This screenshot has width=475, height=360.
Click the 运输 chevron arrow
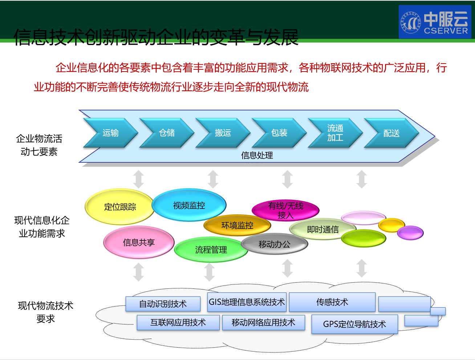tap(110, 133)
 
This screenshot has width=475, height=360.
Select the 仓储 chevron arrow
tap(166, 133)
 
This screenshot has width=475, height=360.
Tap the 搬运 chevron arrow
tap(222, 133)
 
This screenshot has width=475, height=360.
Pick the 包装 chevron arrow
tap(279, 133)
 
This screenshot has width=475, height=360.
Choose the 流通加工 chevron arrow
tap(335, 133)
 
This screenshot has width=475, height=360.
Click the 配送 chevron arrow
tap(391, 133)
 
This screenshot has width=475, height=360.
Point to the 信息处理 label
tap(257, 155)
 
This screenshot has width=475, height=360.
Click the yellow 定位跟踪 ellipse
tap(119, 207)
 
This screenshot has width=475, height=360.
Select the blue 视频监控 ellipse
tap(189, 205)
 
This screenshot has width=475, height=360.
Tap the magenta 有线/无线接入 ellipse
tap(285, 210)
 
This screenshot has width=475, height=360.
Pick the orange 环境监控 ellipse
tap(237, 225)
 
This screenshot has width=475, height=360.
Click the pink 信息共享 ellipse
tap(139, 242)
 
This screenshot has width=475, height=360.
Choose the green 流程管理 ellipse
tap(211, 250)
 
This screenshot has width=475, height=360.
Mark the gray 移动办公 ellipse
tap(274, 244)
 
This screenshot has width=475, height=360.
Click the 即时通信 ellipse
tap(322, 230)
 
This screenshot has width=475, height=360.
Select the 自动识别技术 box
tap(163, 304)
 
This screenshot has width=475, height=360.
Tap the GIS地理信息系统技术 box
tap(247, 302)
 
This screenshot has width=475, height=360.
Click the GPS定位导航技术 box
tap(354, 324)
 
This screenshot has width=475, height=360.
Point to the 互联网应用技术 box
tap(178, 323)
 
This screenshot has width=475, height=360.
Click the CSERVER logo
tap(435, 22)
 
